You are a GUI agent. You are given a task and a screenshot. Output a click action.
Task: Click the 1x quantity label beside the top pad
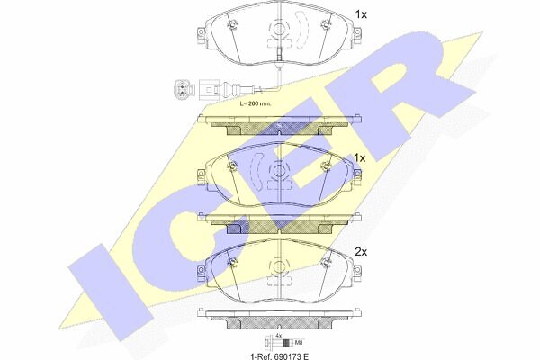[361, 14]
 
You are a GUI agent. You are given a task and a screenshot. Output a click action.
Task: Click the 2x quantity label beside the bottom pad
[361, 252]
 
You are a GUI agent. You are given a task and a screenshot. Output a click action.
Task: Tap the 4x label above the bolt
[279, 335]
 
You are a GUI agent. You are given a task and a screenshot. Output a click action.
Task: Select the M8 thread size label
[299, 343]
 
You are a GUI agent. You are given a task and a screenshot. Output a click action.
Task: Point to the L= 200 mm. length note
[256, 103]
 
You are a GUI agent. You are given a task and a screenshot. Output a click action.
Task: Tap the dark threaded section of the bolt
[285, 343]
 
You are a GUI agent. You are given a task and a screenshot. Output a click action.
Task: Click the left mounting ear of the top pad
[201, 35]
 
